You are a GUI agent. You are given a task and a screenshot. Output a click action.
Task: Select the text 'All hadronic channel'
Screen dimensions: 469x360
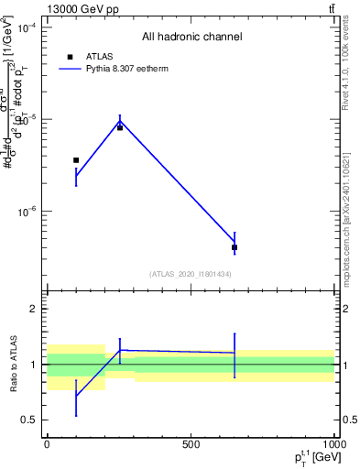191,38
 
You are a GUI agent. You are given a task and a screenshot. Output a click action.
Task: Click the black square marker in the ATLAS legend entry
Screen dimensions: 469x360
70,56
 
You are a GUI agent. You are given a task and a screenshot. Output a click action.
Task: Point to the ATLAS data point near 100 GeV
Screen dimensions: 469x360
76,160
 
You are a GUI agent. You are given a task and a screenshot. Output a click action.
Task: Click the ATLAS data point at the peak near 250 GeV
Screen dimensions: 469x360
120,127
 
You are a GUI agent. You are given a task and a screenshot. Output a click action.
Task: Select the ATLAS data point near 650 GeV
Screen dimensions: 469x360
235,247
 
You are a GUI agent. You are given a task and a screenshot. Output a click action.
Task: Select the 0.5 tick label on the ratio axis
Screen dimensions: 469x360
29,420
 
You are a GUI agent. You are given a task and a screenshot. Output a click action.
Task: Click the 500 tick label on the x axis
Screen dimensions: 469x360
191,443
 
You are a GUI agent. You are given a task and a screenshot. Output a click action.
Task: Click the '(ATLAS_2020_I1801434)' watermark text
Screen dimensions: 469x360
191,274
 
